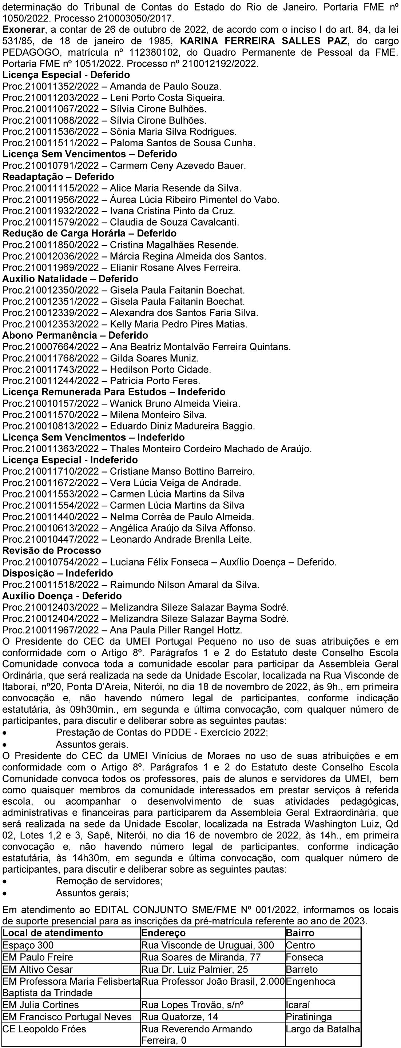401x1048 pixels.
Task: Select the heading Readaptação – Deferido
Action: tap(58, 177)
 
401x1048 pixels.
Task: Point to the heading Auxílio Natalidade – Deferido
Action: tap(71, 279)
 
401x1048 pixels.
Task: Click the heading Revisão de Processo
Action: tap(52, 550)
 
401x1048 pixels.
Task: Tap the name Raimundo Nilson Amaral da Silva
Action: tap(184, 585)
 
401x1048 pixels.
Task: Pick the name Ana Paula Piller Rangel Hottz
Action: tap(176, 630)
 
